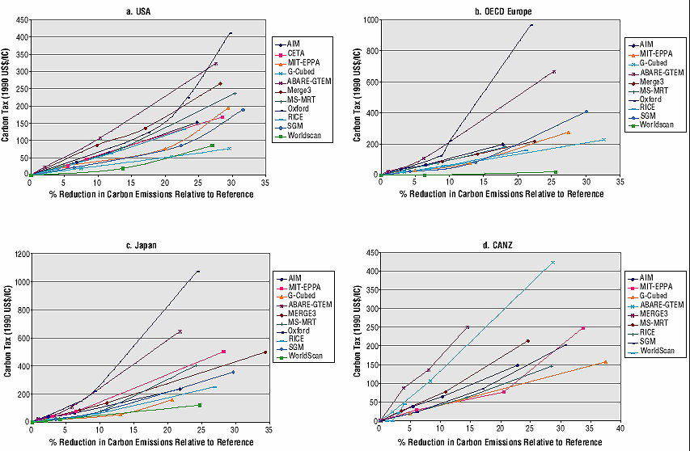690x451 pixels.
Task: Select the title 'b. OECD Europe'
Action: tap(502, 11)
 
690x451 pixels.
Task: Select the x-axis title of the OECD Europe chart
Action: tap(501, 194)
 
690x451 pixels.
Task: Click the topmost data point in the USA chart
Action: tap(231, 33)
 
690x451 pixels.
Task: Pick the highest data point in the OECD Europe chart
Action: tap(531, 25)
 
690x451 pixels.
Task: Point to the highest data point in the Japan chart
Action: tap(197, 272)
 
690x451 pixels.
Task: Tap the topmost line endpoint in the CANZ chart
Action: tap(553, 262)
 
